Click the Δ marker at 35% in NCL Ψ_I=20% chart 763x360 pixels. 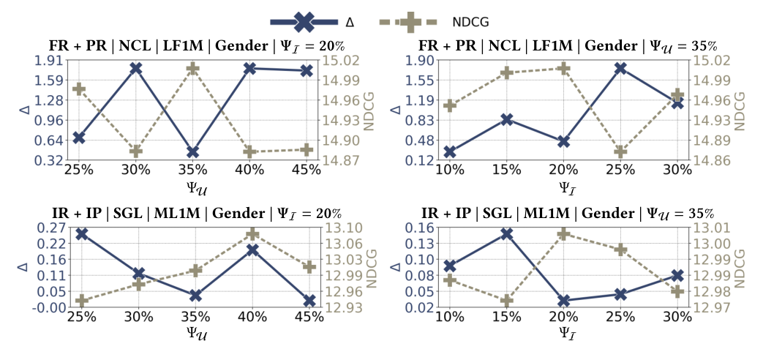pos(193,152)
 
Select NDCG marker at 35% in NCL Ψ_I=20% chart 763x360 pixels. pos(193,68)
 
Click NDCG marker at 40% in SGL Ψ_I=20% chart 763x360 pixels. pos(251,234)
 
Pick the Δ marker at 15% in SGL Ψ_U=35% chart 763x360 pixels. pos(506,234)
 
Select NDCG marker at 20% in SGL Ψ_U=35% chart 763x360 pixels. pos(563,234)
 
